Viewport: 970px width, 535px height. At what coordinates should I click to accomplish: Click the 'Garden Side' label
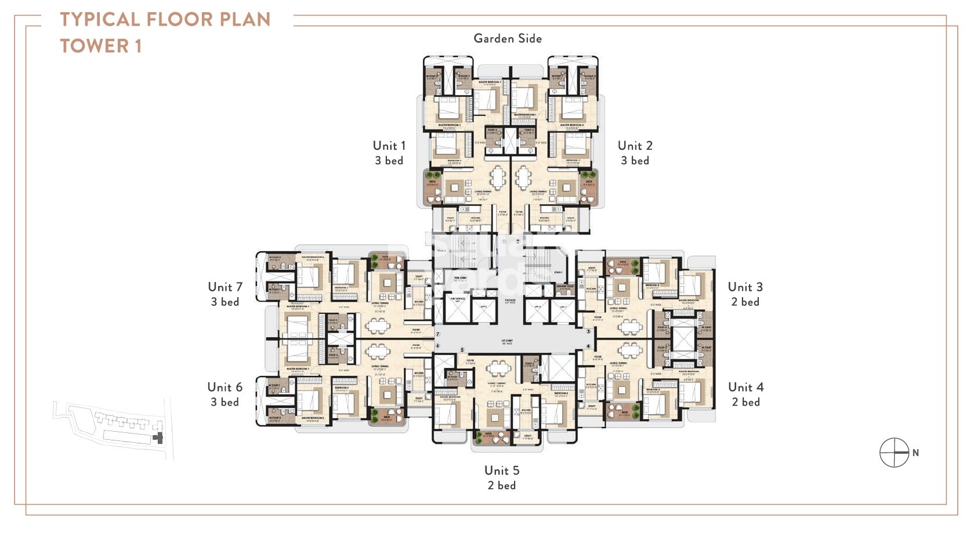point(508,39)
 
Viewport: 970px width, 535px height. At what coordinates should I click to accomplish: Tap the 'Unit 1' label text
point(389,146)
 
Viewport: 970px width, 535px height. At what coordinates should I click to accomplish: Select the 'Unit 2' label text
point(635,146)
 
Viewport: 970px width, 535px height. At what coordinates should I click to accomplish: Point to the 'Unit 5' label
point(502,471)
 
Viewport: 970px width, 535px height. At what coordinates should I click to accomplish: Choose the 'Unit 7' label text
point(225,287)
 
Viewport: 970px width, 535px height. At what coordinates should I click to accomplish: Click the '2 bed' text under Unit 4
point(745,402)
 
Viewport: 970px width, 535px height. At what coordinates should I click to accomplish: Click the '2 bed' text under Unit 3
point(745,302)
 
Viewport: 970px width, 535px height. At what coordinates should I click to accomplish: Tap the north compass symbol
point(894,453)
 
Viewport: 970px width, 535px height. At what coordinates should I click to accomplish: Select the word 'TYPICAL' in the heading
point(99,19)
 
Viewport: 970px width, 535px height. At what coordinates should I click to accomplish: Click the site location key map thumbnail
point(113,428)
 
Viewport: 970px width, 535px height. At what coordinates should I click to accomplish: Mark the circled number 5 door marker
point(462,350)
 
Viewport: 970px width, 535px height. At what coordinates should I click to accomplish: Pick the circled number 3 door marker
point(588,331)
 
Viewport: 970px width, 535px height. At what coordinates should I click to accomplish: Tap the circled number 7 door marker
point(438,335)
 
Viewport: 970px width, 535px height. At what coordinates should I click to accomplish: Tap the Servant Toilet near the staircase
point(564,288)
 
